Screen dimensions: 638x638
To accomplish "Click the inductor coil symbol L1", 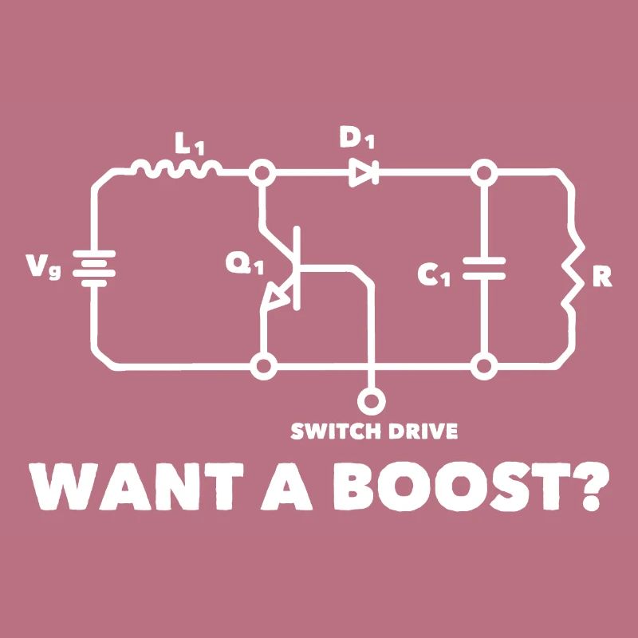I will coord(177,167).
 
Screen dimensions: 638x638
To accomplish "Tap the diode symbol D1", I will coord(364,171).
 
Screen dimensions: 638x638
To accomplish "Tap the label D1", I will coord(356,138).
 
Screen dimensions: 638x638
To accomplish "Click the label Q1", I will coord(243,262).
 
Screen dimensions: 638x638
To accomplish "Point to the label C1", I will coord(435,275).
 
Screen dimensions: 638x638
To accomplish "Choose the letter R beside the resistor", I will coord(602,277).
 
